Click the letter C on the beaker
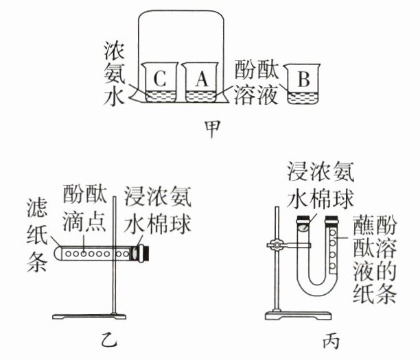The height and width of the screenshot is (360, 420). (159, 79)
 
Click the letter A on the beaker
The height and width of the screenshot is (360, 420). (200, 79)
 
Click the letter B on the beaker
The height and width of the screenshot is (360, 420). (302, 79)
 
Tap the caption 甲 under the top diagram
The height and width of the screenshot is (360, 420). (211, 128)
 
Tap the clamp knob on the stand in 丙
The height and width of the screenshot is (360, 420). (276, 244)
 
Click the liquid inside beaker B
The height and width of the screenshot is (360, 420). (302, 97)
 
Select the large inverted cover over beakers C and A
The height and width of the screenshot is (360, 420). (181, 27)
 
